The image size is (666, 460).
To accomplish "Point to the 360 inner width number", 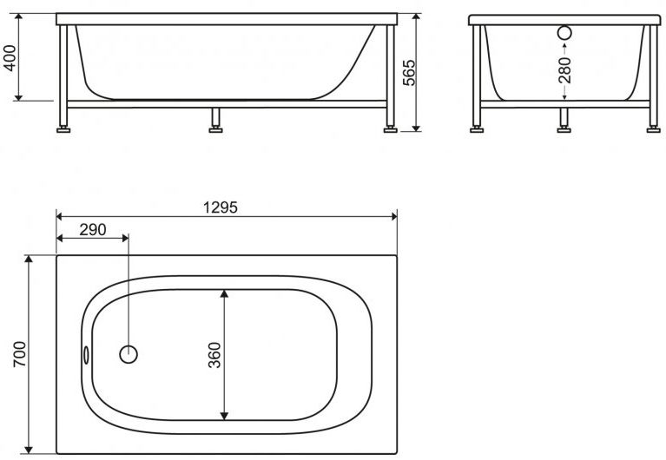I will [x=214, y=355].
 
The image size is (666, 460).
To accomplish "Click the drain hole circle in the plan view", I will [x=128, y=354].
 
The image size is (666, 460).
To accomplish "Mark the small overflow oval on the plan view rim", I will [x=87, y=355].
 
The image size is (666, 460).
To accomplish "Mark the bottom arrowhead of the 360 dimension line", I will [x=225, y=414].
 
